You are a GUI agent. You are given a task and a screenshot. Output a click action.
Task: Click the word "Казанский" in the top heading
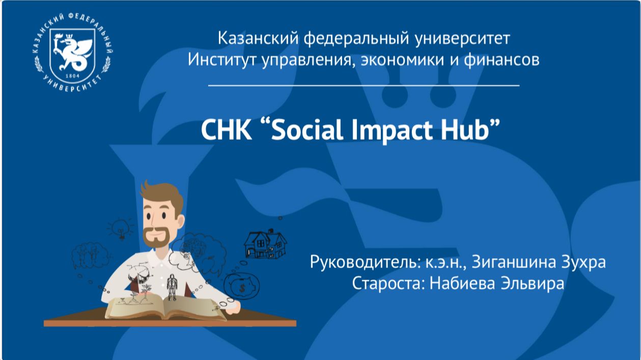pyautogui.click(x=258, y=38)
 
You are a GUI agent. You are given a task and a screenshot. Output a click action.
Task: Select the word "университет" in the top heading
pyautogui.click(x=463, y=39)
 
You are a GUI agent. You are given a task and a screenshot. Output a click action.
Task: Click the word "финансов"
pyautogui.click(x=501, y=60)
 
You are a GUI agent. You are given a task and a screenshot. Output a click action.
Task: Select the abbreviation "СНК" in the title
pyautogui.click(x=227, y=130)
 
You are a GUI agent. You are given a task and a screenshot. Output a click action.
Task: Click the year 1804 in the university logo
pyautogui.click(x=72, y=76)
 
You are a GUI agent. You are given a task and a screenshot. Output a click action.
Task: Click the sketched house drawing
pyautogui.click(x=265, y=244)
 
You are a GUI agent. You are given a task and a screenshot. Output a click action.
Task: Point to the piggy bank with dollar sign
pyautogui.click(x=242, y=286)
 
